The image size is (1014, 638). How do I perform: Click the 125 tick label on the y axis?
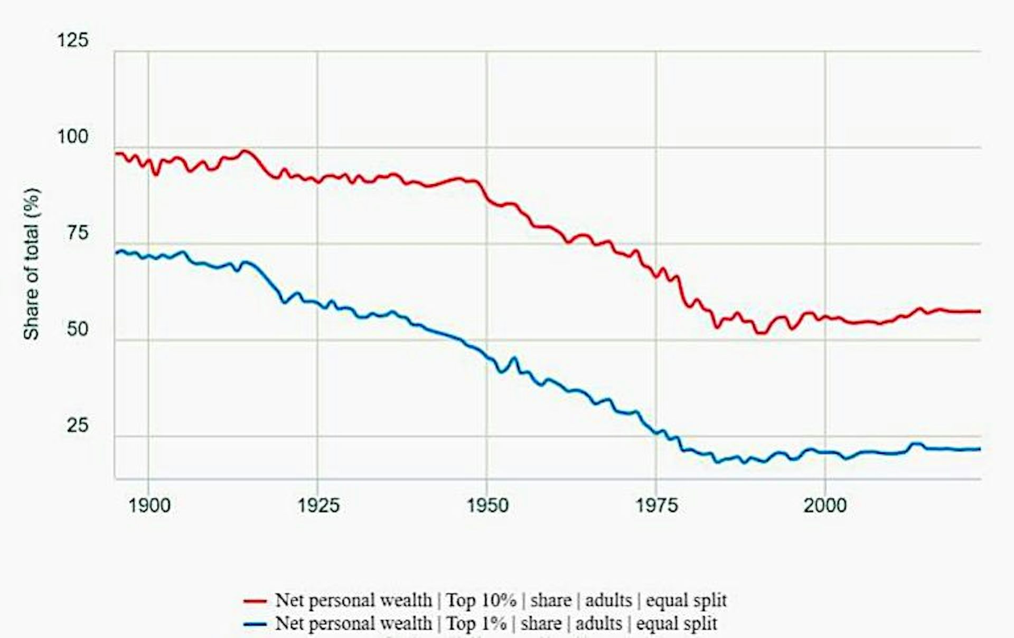click(x=73, y=41)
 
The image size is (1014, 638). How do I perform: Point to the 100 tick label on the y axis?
click(x=73, y=137)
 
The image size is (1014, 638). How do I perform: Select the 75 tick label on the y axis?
click(x=77, y=233)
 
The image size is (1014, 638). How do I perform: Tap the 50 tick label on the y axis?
click(x=77, y=329)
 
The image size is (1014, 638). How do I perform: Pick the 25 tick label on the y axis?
click(x=77, y=425)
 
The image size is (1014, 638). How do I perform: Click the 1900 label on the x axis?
click(x=149, y=505)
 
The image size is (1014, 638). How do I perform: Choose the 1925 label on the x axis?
click(x=318, y=505)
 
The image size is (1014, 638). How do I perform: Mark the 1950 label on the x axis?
click(x=487, y=505)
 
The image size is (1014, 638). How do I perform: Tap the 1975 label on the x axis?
click(x=656, y=505)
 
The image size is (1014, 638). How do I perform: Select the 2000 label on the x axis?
click(x=825, y=505)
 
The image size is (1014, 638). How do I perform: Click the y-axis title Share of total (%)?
click(x=31, y=264)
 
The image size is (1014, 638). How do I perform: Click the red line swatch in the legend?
click(x=255, y=601)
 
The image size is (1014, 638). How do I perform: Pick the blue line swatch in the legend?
click(x=255, y=624)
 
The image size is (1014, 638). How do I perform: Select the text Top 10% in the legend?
click(x=481, y=601)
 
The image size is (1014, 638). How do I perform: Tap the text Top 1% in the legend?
click(x=476, y=624)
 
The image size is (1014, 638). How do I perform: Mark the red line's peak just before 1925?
click(x=245, y=151)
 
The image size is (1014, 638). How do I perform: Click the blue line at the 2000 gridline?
click(x=825, y=452)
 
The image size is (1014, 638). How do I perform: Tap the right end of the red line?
click(x=979, y=312)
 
